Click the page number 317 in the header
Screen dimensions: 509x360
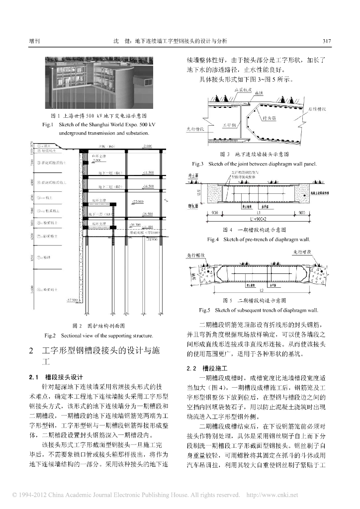coord(327,41)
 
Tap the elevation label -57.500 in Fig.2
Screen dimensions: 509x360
coord(73,300)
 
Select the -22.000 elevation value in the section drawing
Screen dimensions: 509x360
coord(137,201)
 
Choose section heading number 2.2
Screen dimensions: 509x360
coord(191,369)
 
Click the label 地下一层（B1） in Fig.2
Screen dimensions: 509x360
coord(110,172)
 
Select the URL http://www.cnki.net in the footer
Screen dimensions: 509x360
coord(272,495)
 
